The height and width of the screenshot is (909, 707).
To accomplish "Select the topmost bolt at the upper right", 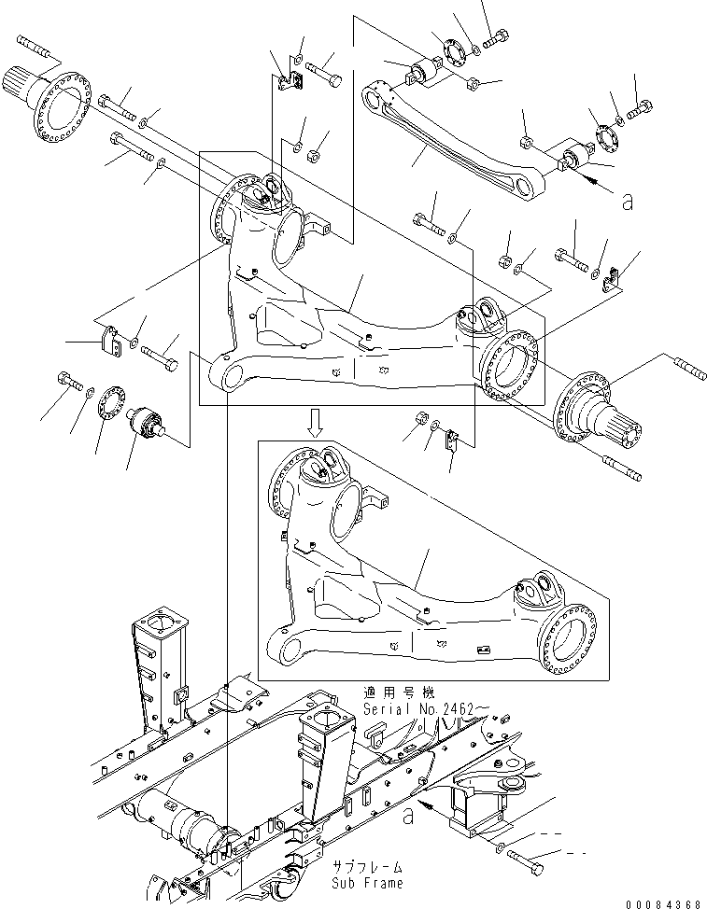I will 494,37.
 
